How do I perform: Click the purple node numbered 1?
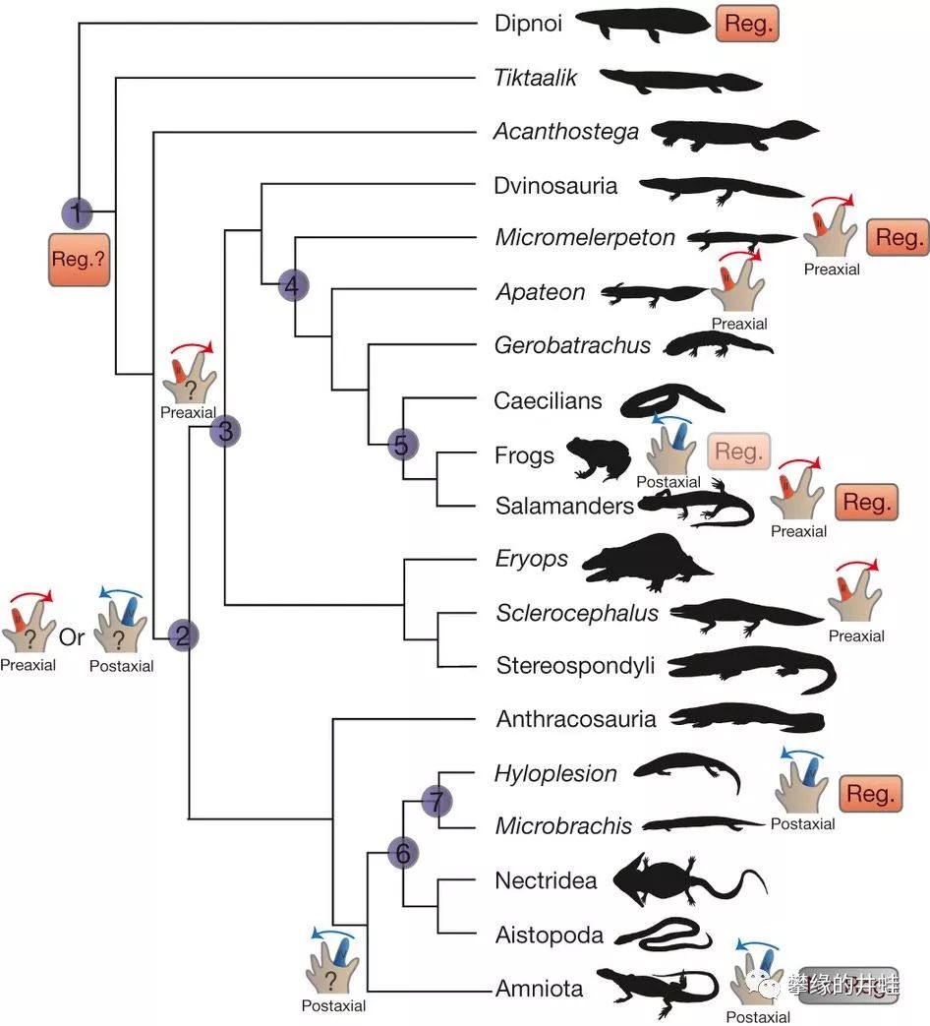[78, 211]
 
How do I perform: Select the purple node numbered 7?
[437, 801]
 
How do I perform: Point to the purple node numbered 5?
[402, 445]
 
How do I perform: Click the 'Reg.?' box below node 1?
[78, 260]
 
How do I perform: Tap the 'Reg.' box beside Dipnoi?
[747, 24]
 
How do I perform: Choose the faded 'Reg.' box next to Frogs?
[738, 452]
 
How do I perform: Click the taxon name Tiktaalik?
[536, 78]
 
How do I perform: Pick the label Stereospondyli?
[575, 665]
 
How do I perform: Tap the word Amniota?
[540, 989]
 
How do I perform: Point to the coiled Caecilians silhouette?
[671, 398]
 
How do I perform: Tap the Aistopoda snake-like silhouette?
[673, 934]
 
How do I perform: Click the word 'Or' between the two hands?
[72, 636]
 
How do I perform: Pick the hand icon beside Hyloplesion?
[800, 782]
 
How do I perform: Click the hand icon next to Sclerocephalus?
[855, 592]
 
